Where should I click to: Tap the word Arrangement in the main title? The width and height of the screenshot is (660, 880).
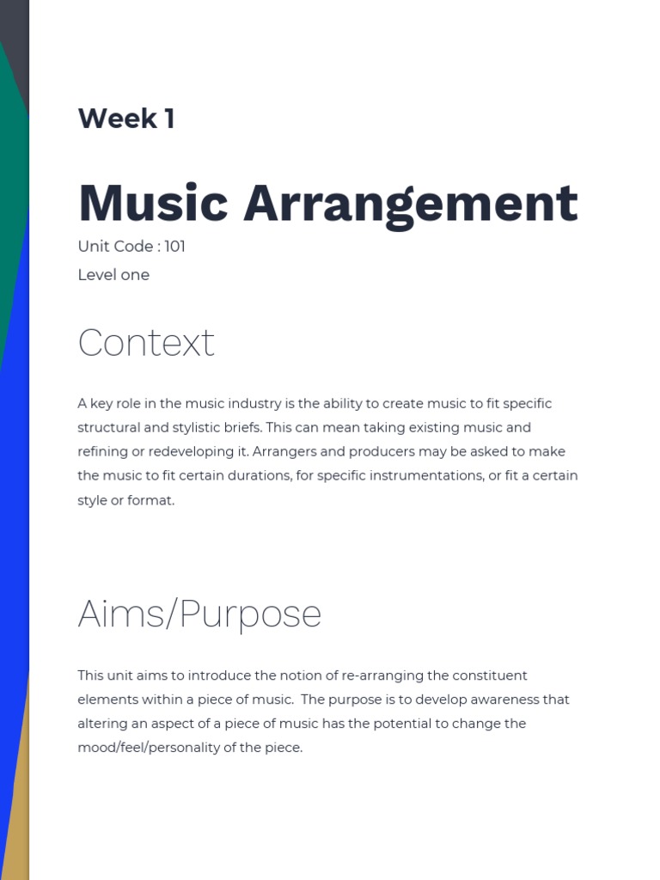click(x=411, y=204)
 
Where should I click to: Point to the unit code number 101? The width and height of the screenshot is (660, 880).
click(x=174, y=247)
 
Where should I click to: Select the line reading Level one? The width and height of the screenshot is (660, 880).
click(x=113, y=275)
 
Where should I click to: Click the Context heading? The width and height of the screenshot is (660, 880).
click(x=145, y=343)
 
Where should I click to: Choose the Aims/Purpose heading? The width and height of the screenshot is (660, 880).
click(x=199, y=614)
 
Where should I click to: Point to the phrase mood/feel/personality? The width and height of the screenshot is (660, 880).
click(x=155, y=748)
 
